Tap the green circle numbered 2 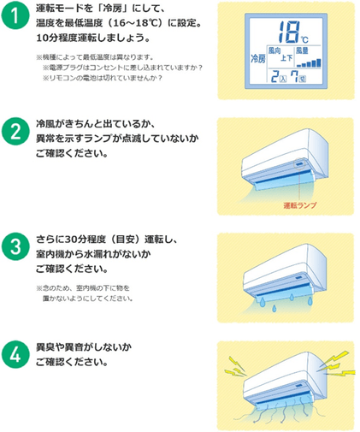[x=17, y=133]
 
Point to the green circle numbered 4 [x=17, y=353]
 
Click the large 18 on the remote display [x=286, y=34]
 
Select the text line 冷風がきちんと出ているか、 [x=90, y=126]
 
